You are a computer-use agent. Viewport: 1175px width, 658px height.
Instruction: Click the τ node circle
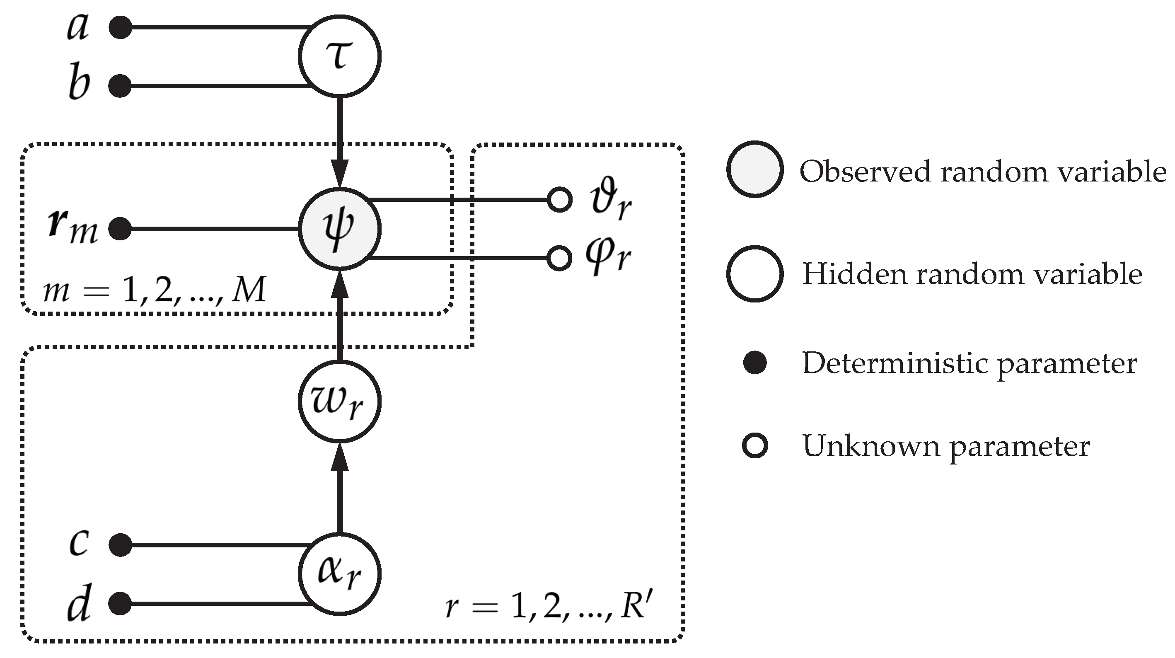click(339, 56)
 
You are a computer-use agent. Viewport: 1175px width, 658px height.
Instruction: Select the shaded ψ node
click(339, 228)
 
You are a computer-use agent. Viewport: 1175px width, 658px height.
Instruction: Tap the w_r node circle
click(339, 401)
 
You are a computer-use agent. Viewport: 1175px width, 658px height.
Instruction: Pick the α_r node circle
click(339, 573)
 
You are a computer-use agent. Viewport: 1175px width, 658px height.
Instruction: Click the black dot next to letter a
click(121, 27)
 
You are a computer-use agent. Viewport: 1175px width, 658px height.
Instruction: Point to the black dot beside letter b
click(121, 86)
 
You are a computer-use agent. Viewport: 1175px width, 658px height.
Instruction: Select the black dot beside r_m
click(121, 228)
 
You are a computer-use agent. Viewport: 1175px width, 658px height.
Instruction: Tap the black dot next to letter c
click(121, 545)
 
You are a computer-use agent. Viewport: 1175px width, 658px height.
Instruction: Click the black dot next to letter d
click(121, 603)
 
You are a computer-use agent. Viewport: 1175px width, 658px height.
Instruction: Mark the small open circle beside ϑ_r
click(559, 199)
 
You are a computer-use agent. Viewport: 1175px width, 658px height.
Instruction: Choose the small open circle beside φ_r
click(559, 258)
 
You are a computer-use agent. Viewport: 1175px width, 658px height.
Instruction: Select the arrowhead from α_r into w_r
click(339, 457)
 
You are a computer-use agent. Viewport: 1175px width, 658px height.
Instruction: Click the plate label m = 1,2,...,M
click(154, 290)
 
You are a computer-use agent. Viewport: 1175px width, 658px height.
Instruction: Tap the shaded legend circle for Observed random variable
click(755, 169)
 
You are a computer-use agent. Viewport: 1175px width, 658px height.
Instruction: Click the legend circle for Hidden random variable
click(755, 274)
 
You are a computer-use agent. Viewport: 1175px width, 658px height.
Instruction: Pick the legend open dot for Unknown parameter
click(755, 446)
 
